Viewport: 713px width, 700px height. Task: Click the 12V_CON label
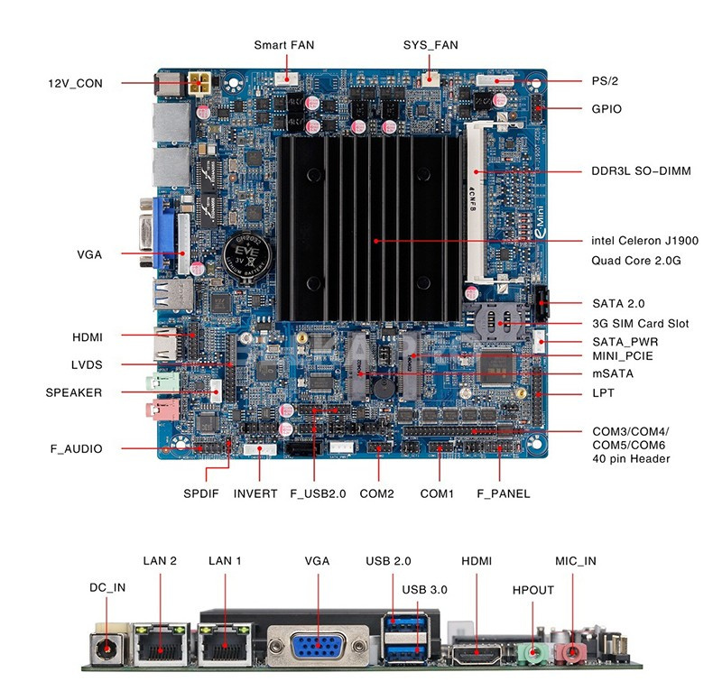[x=76, y=84]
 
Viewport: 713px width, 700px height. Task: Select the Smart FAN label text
[x=283, y=45]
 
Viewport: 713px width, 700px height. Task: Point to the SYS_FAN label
[x=431, y=45]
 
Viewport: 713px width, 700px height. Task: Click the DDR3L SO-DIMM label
[x=641, y=171]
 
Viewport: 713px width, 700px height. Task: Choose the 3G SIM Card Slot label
[x=640, y=324]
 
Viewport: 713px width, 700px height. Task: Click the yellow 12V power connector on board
[x=199, y=83]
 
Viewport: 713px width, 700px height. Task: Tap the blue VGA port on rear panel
[x=318, y=646]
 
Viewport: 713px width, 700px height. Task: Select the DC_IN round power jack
[x=106, y=649]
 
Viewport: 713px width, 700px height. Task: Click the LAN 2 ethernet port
[x=161, y=645]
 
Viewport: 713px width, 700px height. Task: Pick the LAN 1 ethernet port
[x=225, y=645]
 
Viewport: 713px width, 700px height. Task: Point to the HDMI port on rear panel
[x=477, y=655]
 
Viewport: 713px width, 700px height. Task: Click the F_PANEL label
[x=504, y=493]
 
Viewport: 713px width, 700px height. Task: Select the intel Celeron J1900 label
[x=644, y=241]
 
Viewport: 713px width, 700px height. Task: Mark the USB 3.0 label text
[x=424, y=590]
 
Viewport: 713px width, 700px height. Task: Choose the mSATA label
[x=613, y=373]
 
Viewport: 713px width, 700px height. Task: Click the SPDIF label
[x=201, y=493]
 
